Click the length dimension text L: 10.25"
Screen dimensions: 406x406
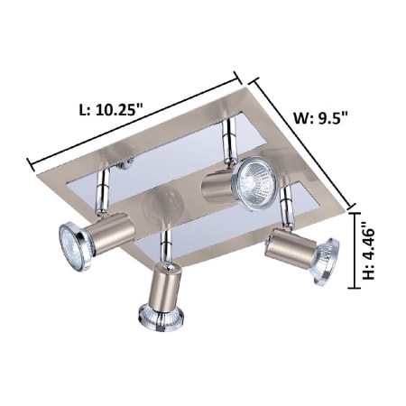110,109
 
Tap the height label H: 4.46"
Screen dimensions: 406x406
369,251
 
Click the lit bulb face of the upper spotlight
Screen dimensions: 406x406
256,183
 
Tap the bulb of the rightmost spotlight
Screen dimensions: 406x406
327,261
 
